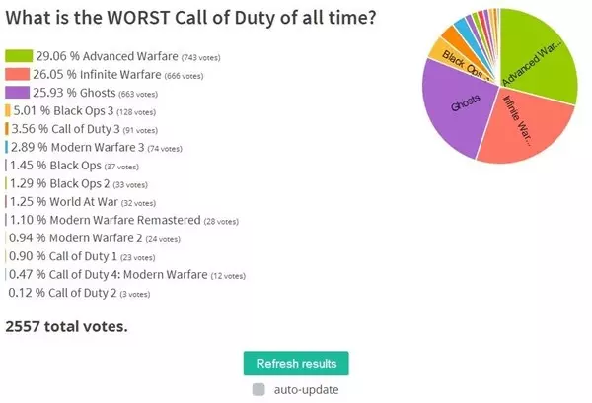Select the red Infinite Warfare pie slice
pyautogui.click(x=518, y=138)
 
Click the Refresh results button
pyautogui.click(x=296, y=363)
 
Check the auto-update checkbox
pyautogui.click(x=259, y=389)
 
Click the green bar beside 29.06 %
pyautogui.click(x=18, y=56)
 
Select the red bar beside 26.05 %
pyautogui.click(x=17, y=74)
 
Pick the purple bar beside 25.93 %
pyautogui.click(x=17, y=92)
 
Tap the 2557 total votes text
pyautogui.click(x=66, y=325)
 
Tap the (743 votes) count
pyautogui.click(x=185, y=57)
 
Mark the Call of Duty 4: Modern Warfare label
pyautogui.click(x=122, y=274)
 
